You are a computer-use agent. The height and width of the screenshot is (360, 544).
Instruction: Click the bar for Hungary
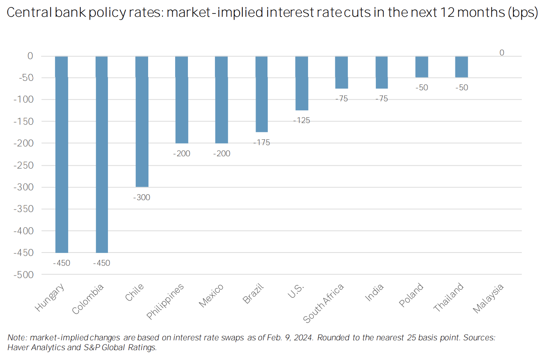62,154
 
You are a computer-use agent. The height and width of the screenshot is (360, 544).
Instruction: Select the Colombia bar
101,154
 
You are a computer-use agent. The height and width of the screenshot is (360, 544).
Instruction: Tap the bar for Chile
142,121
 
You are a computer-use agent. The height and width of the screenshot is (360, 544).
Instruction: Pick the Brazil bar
261,94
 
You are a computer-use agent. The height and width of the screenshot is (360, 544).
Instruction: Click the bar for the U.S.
302,83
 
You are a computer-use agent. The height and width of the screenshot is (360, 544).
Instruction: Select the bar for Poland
421,67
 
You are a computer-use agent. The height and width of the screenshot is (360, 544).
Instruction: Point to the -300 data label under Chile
142,198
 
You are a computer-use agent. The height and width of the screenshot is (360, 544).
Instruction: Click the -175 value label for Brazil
261,143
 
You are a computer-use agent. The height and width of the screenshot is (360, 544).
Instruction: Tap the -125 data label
302,121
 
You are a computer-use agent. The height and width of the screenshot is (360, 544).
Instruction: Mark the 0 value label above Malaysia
501,52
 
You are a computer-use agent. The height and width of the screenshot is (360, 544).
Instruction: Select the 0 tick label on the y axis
30,56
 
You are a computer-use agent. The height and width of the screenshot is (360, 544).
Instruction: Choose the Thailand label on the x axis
449,298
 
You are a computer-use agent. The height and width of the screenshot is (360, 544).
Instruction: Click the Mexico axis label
211,295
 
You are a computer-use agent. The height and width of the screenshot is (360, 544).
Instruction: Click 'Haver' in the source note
17,347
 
